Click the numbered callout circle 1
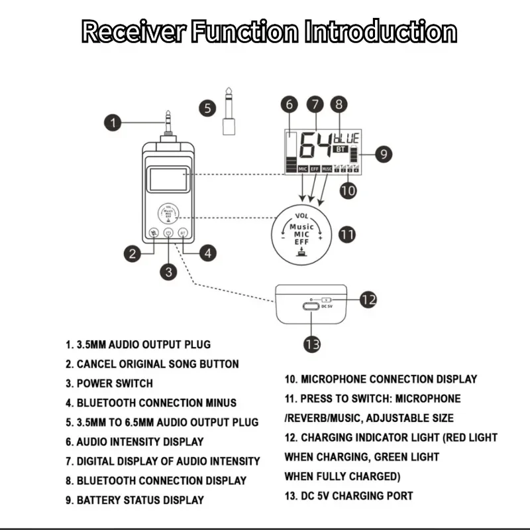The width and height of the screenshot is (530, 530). [x=114, y=122]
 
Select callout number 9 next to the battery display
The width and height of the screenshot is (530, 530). [x=384, y=154]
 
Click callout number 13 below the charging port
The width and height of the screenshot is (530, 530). [x=312, y=344]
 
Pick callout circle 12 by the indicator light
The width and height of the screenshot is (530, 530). [x=368, y=299]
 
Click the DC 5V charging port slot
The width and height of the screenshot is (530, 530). [x=309, y=306]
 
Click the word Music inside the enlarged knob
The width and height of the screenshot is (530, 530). [x=302, y=226]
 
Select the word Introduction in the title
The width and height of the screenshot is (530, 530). [x=380, y=31]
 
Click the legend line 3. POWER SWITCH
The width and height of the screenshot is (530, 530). [x=109, y=383]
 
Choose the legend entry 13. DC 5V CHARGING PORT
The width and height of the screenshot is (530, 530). [x=348, y=496]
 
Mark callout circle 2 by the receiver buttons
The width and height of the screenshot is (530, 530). [x=133, y=252]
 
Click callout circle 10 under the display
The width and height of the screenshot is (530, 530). [x=348, y=190]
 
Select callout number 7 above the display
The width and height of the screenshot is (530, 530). [x=315, y=104]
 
